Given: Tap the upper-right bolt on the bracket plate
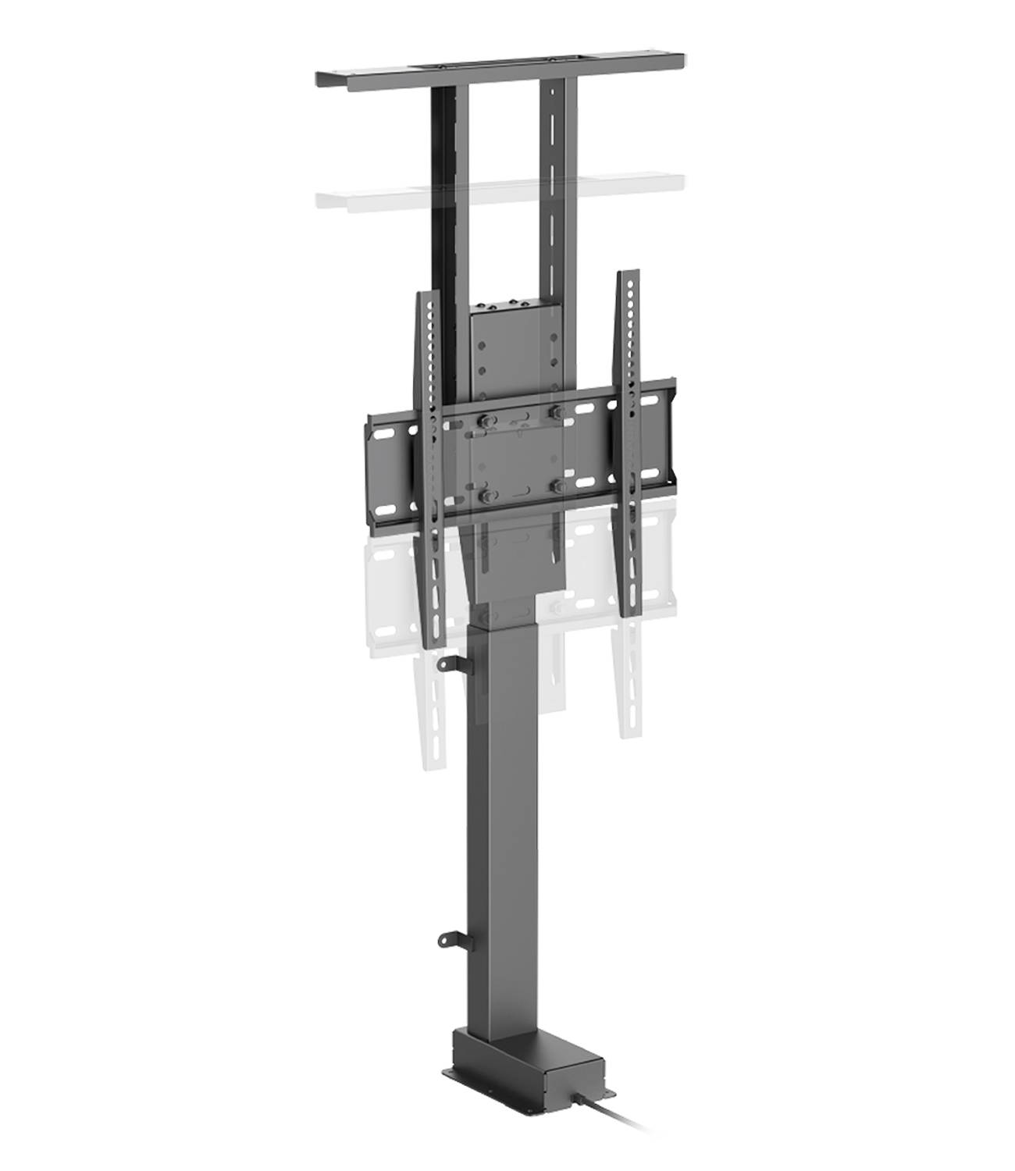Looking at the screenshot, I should click(556, 411).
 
